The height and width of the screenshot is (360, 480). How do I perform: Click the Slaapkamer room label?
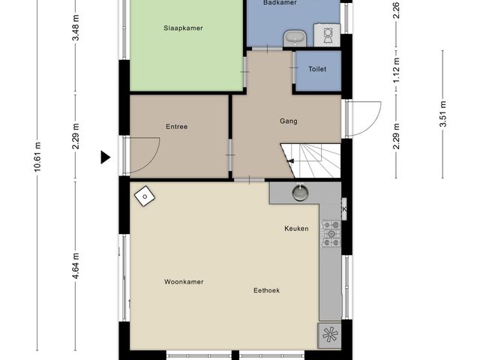(183, 28)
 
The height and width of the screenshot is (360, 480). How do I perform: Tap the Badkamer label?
(280, 3)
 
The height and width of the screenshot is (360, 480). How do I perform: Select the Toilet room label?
(317, 69)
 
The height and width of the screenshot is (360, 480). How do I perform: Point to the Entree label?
(177, 127)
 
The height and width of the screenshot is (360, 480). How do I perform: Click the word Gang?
(288, 121)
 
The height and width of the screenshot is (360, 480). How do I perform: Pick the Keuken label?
(296, 229)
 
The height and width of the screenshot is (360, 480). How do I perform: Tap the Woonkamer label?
(184, 282)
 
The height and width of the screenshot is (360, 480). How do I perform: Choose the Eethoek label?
(266, 290)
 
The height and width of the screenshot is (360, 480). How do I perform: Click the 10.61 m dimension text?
(37, 157)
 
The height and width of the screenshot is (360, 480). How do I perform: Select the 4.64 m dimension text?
(76, 266)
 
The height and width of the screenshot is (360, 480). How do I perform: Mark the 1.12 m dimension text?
(397, 70)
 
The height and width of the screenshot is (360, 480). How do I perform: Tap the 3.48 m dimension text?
(76, 28)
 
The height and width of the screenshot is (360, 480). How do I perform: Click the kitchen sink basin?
(300, 193)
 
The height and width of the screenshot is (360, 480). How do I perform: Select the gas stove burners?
(331, 234)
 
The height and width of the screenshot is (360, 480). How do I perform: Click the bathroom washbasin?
(295, 38)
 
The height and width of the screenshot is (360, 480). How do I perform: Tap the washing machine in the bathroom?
(327, 34)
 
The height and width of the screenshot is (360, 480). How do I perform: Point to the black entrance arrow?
(106, 157)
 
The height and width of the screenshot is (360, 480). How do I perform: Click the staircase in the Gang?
(310, 160)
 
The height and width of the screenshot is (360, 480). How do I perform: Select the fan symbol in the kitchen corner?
(329, 335)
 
